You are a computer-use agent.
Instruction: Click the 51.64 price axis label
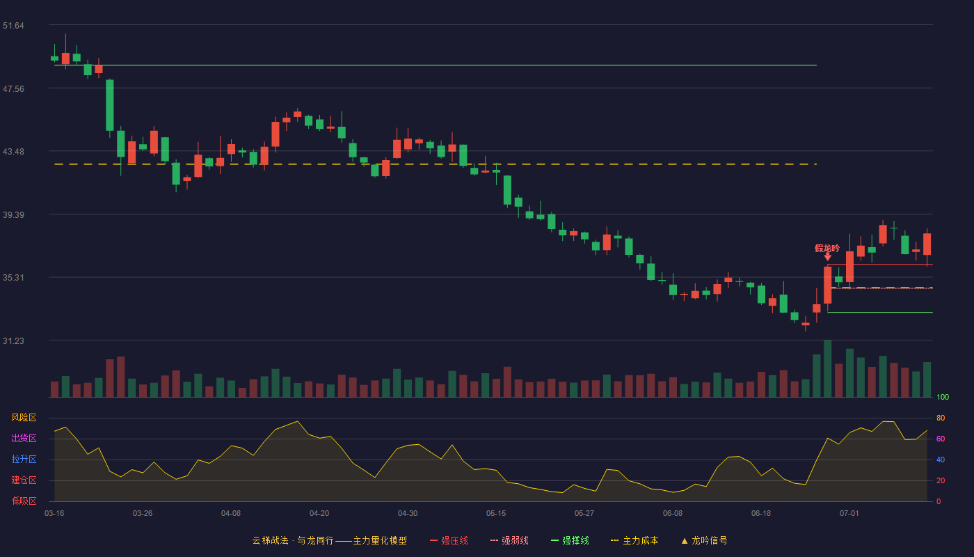[x=13, y=26]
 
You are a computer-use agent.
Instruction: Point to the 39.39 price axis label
[x=13, y=215]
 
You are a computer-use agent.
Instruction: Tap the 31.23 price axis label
[x=13, y=340]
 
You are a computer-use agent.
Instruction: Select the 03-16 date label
[x=54, y=514]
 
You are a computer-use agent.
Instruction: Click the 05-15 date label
[x=496, y=514]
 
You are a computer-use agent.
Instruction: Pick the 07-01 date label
[x=849, y=514]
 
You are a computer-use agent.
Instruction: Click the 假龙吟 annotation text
[x=827, y=249]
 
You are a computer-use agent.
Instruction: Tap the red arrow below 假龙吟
[x=827, y=257]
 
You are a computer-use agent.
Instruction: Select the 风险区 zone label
[x=24, y=418]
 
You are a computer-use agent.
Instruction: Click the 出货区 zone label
[x=24, y=438]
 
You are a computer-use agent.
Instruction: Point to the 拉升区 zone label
[x=24, y=459]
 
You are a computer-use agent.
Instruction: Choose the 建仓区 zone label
[x=24, y=480]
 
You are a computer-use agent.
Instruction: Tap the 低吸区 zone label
[x=24, y=501]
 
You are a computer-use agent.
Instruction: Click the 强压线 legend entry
[x=449, y=540]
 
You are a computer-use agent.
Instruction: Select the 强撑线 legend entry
[x=570, y=540]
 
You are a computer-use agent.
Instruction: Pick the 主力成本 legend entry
[x=634, y=540]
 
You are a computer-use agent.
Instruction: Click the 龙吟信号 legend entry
[x=704, y=540]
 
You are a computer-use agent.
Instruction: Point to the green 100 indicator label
[x=943, y=397]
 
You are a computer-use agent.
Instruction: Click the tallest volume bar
[x=827, y=368]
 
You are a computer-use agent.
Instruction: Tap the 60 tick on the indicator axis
[x=941, y=439]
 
